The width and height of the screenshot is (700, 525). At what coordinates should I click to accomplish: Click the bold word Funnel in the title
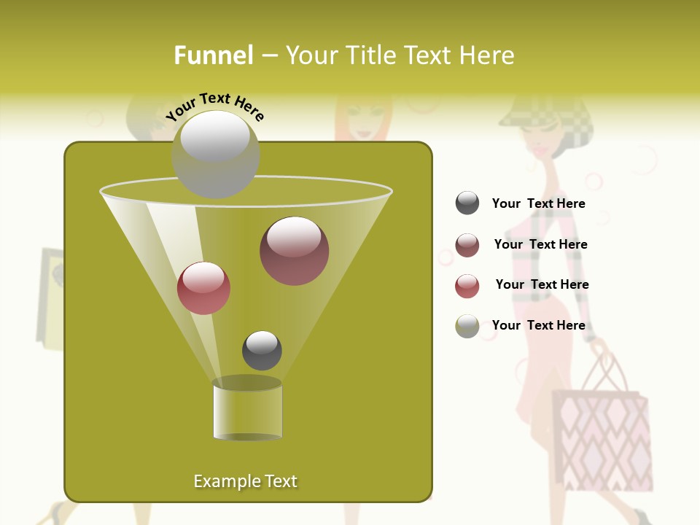213,55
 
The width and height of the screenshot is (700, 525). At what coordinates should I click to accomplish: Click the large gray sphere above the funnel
215,154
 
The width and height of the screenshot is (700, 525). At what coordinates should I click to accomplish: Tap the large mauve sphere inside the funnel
294,250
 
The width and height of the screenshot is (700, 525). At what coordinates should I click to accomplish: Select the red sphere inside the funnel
203,288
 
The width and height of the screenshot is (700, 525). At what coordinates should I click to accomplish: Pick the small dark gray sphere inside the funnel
262,351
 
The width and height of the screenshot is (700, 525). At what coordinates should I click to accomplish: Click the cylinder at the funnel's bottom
247,410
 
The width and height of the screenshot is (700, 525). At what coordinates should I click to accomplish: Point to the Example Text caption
245,481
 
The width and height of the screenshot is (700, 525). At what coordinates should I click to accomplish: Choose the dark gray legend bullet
467,203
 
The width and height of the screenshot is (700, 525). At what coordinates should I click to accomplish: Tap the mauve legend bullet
467,245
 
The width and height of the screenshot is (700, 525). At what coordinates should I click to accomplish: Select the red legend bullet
467,286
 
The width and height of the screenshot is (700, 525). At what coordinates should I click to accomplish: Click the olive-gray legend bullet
467,326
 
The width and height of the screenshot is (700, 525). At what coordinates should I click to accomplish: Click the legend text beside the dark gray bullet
538,204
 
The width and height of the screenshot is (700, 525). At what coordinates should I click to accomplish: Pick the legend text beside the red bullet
542,285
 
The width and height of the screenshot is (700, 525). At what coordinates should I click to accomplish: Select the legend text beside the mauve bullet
540,245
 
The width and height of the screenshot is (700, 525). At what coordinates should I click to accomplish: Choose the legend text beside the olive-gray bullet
538,326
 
